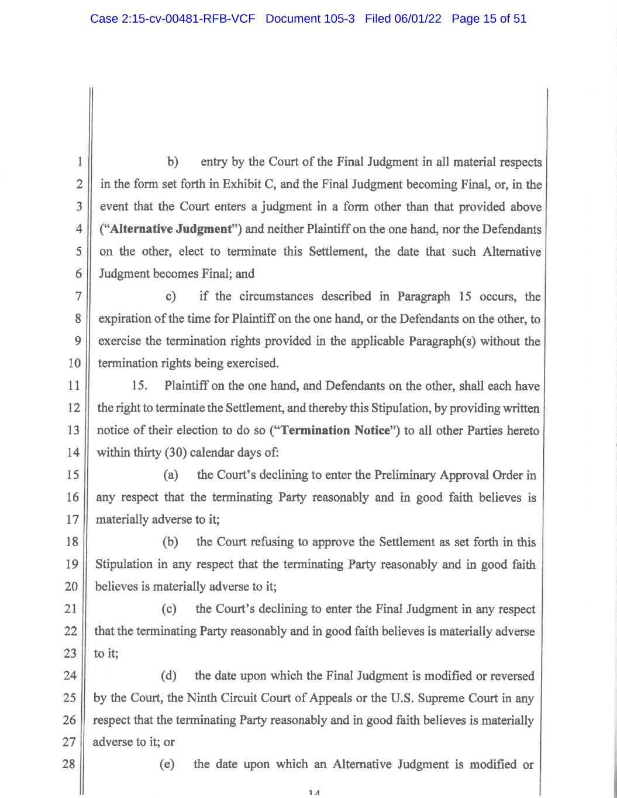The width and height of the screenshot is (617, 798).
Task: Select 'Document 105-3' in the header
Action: (310, 19)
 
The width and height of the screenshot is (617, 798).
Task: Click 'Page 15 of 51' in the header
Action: (489, 19)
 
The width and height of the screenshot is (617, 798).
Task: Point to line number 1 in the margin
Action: (79, 162)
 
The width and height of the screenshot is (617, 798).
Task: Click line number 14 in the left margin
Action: (74, 452)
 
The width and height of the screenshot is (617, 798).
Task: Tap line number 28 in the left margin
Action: (70, 764)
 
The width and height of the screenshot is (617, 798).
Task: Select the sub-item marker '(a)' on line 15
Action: (171, 475)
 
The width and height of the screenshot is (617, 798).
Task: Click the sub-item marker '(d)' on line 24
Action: (168, 676)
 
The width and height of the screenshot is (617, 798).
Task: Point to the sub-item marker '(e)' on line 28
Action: (167, 764)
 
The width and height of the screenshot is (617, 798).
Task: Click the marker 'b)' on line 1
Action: (173, 162)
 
